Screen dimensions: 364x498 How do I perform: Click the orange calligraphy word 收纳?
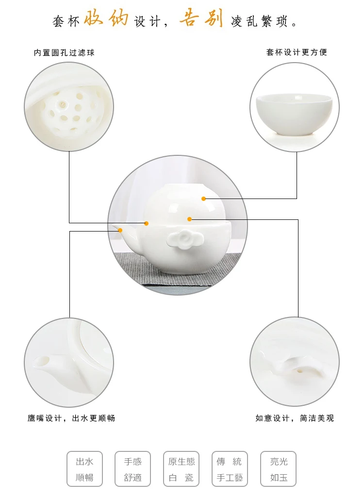pos(106,18)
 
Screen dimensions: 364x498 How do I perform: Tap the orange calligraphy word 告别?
pos(202,18)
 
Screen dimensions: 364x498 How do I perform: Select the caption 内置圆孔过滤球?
pos(65,53)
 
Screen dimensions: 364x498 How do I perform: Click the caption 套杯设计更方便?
pos(297,52)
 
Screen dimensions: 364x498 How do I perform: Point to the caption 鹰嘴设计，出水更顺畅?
pos(71,418)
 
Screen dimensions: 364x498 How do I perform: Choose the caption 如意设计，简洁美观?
pos(295,418)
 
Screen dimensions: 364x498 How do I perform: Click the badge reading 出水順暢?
pos(84,469)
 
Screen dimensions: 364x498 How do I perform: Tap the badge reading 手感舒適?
pos(132,469)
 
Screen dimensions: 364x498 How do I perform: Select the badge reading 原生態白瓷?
pos(181,469)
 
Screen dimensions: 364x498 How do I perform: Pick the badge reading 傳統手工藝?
pos(230,469)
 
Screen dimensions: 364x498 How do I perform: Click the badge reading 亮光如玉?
pos(278,469)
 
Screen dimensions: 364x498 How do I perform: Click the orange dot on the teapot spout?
pos(120,230)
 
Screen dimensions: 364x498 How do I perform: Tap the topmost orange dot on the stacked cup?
pos(204,199)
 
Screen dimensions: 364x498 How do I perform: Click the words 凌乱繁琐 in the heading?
pos(264,21)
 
